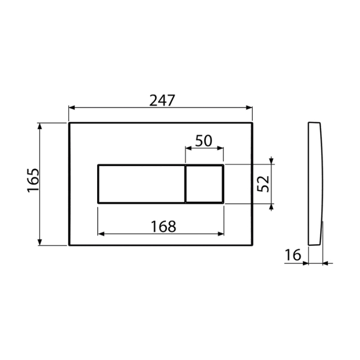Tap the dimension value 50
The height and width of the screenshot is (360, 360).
coord(204,141)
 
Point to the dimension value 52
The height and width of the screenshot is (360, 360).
coord(263,184)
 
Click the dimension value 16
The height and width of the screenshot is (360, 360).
coord(293,255)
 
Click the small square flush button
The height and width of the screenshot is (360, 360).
coord(204,184)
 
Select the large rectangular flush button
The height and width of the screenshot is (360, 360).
coord(141,184)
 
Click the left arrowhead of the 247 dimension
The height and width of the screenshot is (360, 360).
coord(71,108)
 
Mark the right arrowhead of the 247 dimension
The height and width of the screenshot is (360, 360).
coord(250,108)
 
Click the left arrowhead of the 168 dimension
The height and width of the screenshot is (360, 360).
coord(100,233)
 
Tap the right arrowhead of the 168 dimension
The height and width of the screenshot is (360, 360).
coord(221,233)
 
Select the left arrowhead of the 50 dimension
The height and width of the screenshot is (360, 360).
coord(188,149)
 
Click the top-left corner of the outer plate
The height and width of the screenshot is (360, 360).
coord(68,123)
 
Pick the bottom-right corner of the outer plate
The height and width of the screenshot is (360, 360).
coord(252,245)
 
